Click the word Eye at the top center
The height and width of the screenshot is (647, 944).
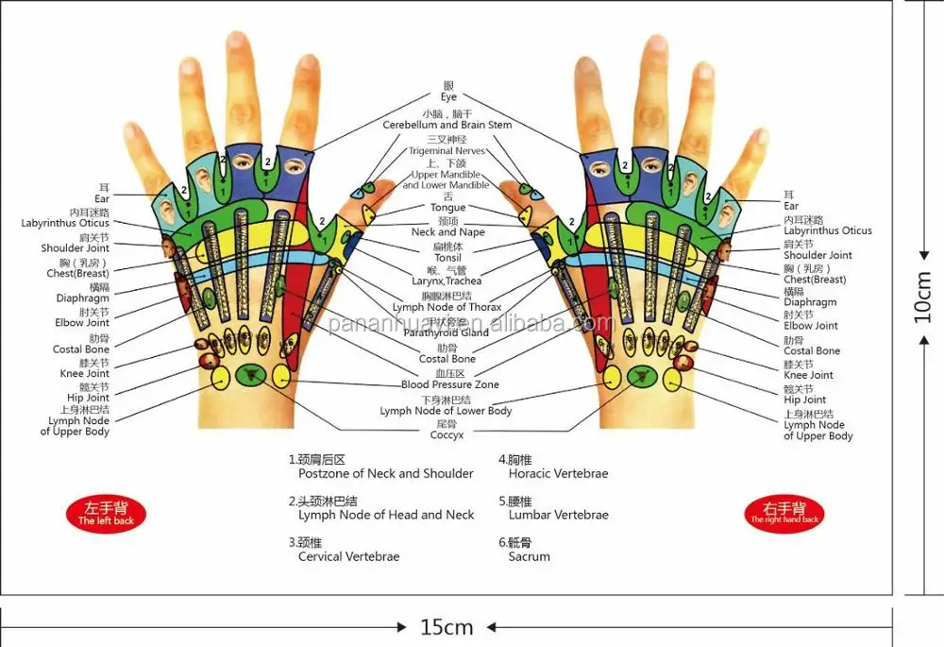point(448,97)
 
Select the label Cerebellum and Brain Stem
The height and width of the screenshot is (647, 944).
point(447,125)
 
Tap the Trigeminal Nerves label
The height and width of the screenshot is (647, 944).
point(447,151)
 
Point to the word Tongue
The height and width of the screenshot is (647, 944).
point(447,208)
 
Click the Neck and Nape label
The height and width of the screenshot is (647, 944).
point(447,232)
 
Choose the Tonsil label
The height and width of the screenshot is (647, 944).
point(447,257)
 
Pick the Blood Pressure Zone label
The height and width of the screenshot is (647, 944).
point(450,385)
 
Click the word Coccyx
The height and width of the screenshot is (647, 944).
point(447,435)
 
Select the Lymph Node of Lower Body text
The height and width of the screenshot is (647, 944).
point(447,411)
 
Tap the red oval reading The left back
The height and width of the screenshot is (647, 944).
point(106,515)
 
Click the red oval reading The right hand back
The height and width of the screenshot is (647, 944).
point(784,514)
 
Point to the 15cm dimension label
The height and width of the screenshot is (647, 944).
point(447,627)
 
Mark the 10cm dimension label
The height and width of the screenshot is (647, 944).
point(924,298)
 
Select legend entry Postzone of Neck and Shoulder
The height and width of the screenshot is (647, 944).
point(386,473)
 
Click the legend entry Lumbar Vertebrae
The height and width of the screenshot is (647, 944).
point(558,515)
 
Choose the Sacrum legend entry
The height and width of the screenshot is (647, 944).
point(529,556)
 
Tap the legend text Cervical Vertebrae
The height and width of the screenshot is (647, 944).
point(348,556)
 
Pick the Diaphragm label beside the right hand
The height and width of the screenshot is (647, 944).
point(810,302)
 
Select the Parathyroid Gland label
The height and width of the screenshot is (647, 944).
point(447,332)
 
